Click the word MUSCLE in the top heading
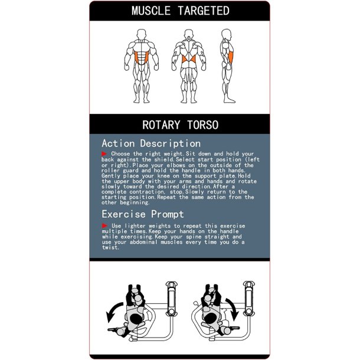pos(151,11)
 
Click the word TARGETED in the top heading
pos(204,11)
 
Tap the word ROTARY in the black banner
pos(161,125)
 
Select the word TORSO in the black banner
pos(203,125)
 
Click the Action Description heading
pos(151,143)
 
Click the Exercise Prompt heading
pos(143,214)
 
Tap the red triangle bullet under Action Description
pos(104,153)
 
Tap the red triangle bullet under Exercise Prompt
pos(104,225)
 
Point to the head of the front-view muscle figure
pos(142,34)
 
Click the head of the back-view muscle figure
pos(188,34)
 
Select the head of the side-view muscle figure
pos(227,34)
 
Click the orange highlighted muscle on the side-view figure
pos(231,58)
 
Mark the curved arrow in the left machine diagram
pos(113,312)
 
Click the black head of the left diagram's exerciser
pos(136,318)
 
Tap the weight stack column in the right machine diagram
pos(249,299)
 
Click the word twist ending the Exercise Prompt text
pos(110,247)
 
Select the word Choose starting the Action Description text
pos(120,153)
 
